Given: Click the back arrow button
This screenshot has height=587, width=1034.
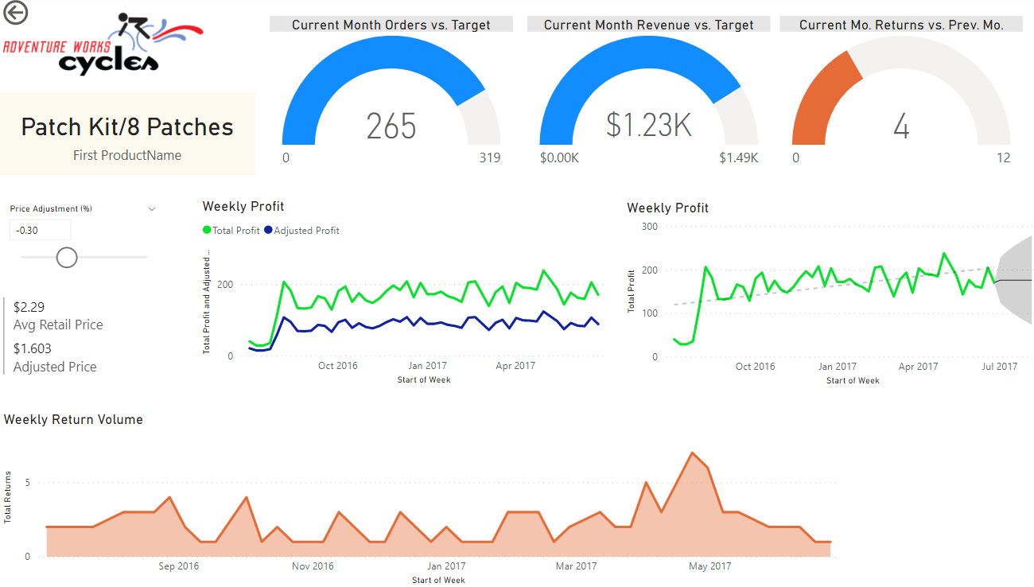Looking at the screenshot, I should tap(15, 13).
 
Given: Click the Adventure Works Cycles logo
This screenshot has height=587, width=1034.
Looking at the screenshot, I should tap(103, 45).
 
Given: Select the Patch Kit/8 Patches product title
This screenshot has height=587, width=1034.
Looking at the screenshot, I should tap(127, 127).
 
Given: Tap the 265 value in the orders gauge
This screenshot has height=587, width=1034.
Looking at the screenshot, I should tap(391, 126).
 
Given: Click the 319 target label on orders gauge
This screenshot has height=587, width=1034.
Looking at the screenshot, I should tap(489, 157).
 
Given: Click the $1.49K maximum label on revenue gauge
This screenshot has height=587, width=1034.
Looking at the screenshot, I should tap(738, 157).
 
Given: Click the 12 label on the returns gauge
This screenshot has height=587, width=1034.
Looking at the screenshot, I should tap(1003, 157).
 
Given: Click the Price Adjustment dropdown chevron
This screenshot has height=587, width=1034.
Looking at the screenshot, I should tap(152, 209).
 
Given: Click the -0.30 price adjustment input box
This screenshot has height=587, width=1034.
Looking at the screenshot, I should tap(41, 231).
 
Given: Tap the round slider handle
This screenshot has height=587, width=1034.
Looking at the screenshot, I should tap(67, 257).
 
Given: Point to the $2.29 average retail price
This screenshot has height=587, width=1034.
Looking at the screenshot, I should tap(29, 307).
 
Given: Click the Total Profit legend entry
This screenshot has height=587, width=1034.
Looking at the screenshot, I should tap(231, 231).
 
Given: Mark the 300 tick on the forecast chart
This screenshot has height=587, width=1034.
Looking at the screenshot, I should tap(650, 227).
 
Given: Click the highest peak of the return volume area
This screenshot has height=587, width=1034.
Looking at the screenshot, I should tap(692, 453).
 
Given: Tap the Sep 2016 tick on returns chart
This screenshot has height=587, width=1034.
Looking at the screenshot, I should tap(179, 566).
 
